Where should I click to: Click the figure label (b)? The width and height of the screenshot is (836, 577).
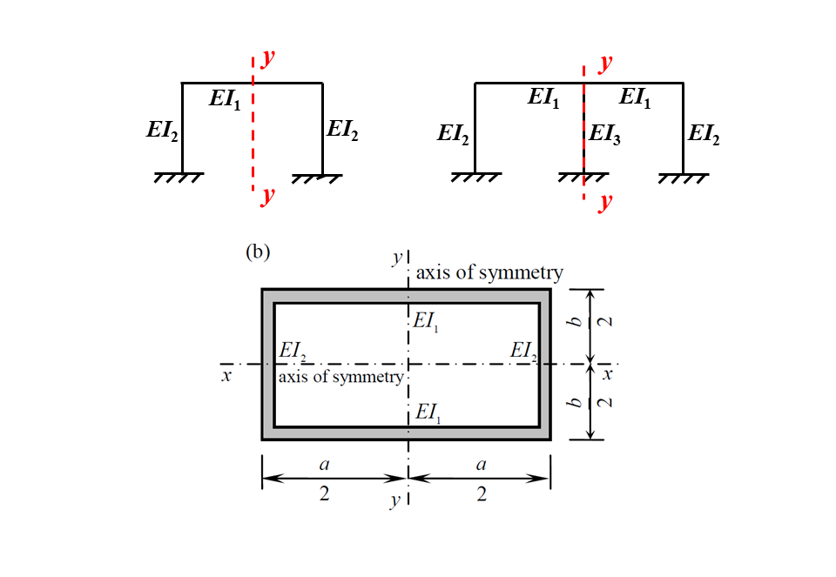[x=259, y=252]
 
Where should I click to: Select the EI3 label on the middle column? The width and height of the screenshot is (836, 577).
[x=604, y=134]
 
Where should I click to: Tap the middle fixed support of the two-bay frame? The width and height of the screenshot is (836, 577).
[x=583, y=177]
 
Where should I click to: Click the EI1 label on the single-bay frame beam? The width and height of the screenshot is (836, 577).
[x=225, y=99]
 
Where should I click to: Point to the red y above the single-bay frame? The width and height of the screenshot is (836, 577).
[x=268, y=58]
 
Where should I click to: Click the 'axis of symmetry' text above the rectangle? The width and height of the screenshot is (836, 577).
[x=489, y=272]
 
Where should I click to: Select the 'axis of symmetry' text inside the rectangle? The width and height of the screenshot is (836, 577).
[x=340, y=377]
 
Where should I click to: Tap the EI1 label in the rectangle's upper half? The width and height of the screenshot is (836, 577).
[x=427, y=321]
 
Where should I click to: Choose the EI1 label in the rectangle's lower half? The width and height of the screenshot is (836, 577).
[x=428, y=413]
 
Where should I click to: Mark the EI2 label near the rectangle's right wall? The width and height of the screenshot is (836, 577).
[x=524, y=351]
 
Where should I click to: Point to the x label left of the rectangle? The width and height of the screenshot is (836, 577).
[x=226, y=376]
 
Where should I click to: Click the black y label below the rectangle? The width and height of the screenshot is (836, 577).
[x=396, y=500]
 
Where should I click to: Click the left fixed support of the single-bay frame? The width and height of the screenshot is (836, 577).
[x=179, y=178]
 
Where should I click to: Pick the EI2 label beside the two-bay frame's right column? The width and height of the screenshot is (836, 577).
[x=704, y=134]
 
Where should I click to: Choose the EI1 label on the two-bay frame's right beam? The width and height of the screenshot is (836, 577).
[x=635, y=98]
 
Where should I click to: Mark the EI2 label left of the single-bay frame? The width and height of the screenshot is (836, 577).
[x=163, y=131]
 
